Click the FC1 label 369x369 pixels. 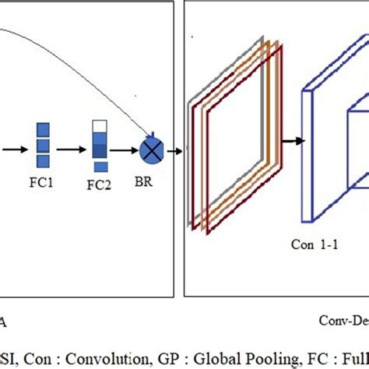pyautogui.click(x=45, y=187)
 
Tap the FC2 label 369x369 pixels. pyautogui.click(x=99, y=187)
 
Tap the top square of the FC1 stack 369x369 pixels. pyautogui.click(x=44, y=130)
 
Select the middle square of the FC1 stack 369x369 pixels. pyautogui.click(x=44, y=145)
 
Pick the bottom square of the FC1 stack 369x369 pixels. pyautogui.click(x=44, y=160)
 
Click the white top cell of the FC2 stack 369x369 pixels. pyautogui.click(x=100, y=126)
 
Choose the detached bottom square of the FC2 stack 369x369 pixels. pyautogui.click(x=100, y=165)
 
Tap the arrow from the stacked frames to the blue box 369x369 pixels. pyautogui.click(x=292, y=140)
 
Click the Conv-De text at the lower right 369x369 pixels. pyautogui.click(x=343, y=319)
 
